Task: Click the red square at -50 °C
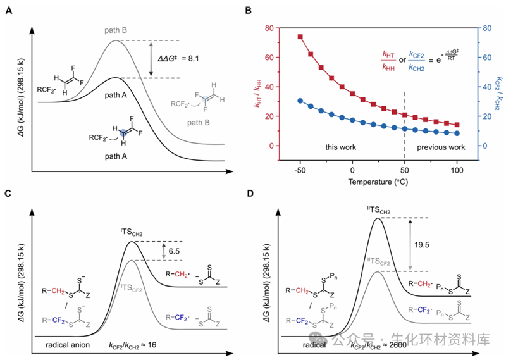300,37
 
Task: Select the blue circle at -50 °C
300,101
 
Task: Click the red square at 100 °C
457,125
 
